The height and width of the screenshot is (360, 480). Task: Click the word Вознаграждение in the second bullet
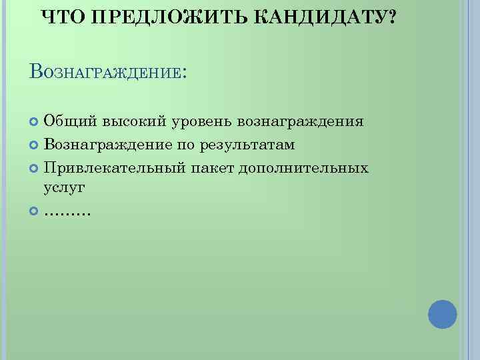pyautogui.click(x=107, y=145)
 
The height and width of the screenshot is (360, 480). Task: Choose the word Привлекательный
pyautogui.click(x=114, y=167)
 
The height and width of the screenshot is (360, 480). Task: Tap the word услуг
pyautogui.click(x=65, y=189)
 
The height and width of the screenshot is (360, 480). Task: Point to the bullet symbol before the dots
pyautogui.click(x=35, y=211)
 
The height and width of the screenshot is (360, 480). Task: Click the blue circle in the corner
pyautogui.click(x=442, y=313)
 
